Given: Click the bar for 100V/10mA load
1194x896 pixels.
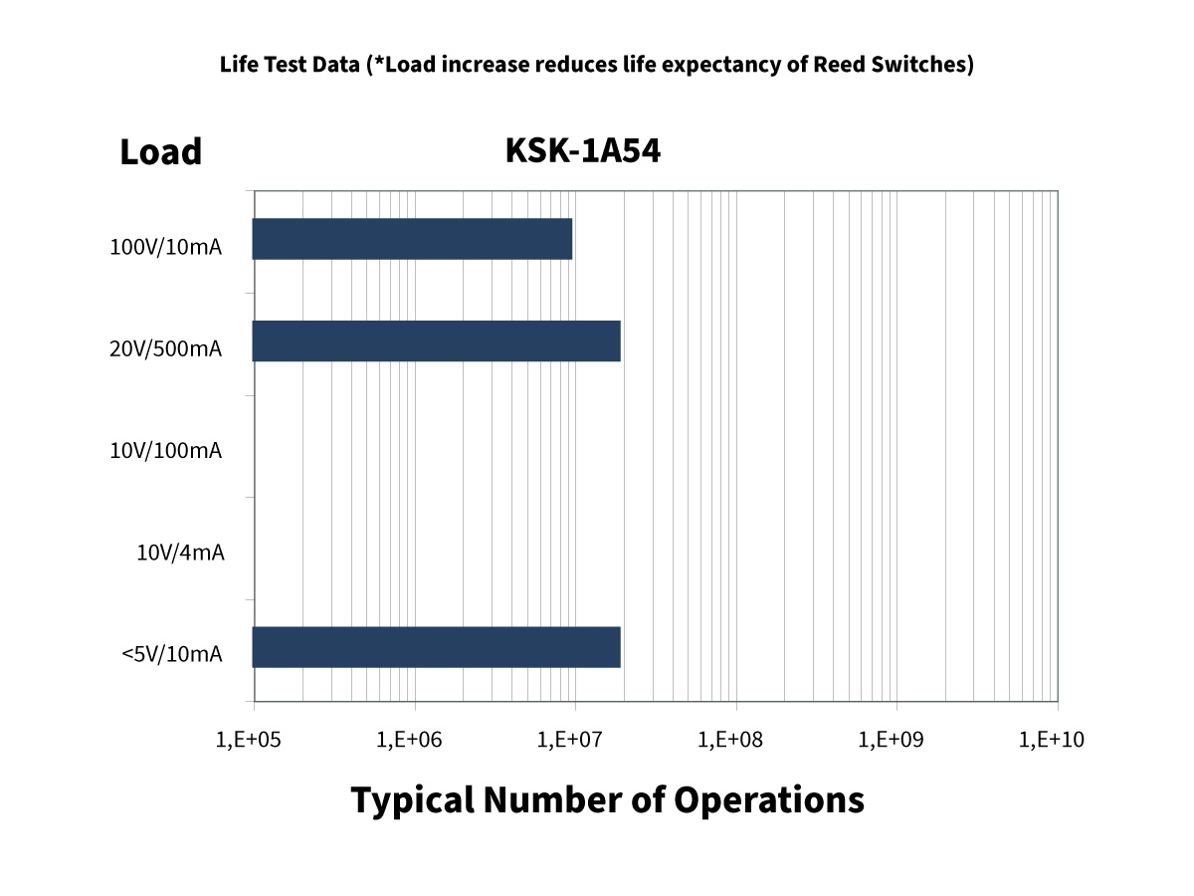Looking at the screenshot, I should [x=412, y=239].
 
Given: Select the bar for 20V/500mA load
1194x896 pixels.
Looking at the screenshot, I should [x=436, y=341].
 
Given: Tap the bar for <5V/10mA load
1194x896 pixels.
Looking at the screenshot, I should [x=436, y=647].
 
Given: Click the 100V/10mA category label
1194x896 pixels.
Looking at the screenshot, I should [x=165, y=247].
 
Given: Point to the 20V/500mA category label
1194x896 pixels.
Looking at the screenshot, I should [x=165, y=348].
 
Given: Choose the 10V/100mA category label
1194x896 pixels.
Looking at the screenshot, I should [x=165, y=450].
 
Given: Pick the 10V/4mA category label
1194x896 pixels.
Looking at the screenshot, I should [x=180, y=552].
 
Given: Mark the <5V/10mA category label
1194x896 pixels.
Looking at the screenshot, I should [x=171, y=654].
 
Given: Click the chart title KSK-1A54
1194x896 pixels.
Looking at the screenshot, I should [x=583, y=150].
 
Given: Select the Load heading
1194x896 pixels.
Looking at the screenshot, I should [x=160, y=152].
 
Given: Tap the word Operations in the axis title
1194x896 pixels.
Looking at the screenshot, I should [x=768, y=799].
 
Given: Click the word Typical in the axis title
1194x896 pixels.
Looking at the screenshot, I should [x=412, y=799].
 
